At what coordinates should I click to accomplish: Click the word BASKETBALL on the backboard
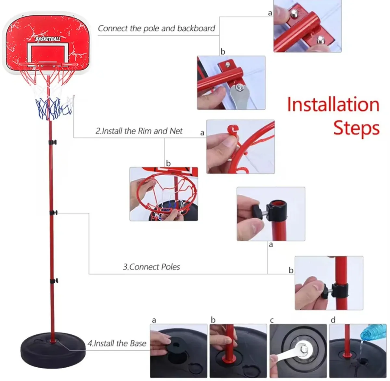click(x=48, y=39)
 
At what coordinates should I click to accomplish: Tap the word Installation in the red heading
click(x=333, y=105)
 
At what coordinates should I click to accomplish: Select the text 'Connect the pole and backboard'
click(x=156, y=28)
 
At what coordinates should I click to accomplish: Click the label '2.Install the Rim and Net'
click(x=139, y=131)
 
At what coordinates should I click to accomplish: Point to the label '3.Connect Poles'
click(x=151, y=267)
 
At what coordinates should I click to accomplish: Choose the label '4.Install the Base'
click(x=117, y=343)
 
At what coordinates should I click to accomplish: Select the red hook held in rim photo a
click(x=232, y=130)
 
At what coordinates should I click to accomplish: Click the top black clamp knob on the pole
click(x=53, y=142)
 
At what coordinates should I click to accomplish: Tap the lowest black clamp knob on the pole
click(x=54, y=281)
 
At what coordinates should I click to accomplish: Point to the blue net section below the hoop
click(x=52, y=107)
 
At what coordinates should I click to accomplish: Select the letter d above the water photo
click(x=333, y=320)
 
